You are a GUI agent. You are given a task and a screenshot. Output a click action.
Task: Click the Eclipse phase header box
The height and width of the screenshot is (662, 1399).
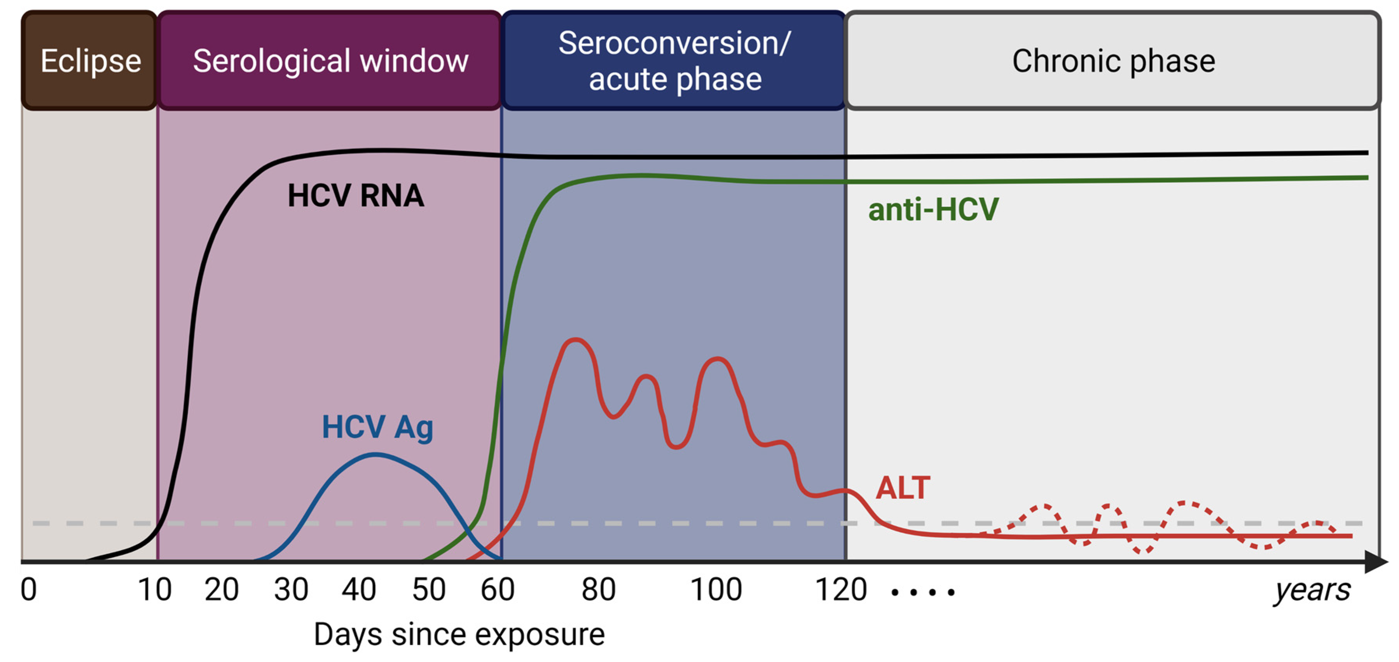pyautogui.click(x=90, y=61)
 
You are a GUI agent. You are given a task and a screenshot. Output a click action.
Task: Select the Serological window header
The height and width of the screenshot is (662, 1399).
pyautogui.click(x=330, y=61)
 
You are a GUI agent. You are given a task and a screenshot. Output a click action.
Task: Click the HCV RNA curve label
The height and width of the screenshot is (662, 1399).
pyautogui.click(x=355, y=196)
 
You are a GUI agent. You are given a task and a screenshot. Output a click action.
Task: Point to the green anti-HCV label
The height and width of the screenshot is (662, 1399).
pyautogui.click(x=933, y=209)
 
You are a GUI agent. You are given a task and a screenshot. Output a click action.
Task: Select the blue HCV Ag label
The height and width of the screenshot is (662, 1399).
pyautogui.click(x=377, y=427)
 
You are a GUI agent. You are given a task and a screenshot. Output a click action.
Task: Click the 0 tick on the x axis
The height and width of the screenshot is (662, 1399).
pyautogui.click(x=28, y=589)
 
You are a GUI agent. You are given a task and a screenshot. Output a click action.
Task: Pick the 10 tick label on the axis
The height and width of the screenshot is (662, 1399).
pyautogui.click(x=154, y=589)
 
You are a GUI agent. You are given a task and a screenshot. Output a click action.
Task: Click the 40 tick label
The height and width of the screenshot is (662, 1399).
pyautogui.click(x=358, y=589)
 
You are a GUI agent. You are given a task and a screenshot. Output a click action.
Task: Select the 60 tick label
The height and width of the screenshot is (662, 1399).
pyautogui.click(x=497, y=589)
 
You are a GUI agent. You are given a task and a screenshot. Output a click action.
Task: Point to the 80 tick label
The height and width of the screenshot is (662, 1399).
pyautogui.click(x=598, y=589)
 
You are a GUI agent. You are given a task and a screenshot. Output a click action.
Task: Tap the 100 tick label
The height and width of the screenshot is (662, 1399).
pyautogui.click(x=715, y=589)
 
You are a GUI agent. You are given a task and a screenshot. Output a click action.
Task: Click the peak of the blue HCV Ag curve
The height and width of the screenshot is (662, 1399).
pyautogui.click(x=376, y=455)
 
